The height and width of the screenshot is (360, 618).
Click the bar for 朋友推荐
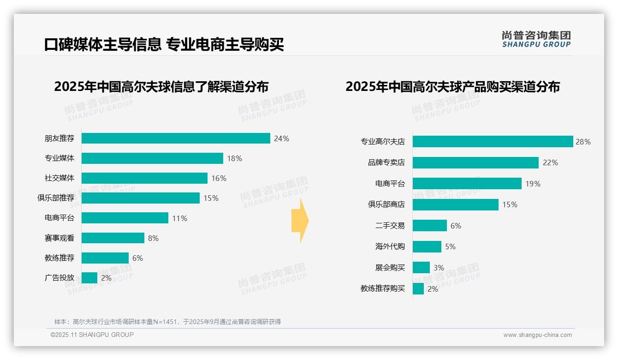tap(176, 138)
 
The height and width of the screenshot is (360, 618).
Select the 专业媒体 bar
tap(152, 158)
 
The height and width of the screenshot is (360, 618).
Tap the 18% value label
tap(234, 158)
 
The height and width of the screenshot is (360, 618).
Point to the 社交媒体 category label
tap(59, 178)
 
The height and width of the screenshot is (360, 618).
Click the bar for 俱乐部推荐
tap(141, 198)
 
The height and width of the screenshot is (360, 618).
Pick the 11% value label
tap(179, 218)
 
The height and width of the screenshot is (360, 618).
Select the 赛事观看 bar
tap(113, 238)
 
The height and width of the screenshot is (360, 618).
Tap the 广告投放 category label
tap(59, 278)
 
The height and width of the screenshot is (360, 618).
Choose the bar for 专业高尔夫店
tap(493, 142)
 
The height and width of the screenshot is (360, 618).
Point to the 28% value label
tap(583, 142)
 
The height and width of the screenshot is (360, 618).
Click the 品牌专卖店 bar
tap(475, 162)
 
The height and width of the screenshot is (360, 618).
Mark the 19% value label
tap(533, 184)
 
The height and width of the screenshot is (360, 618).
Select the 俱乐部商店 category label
tap(386, 204)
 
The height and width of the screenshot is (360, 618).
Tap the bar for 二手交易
tap(430, 226)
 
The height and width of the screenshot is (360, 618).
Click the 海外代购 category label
tap(390, 246)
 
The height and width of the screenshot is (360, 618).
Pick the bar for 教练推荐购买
tap(418, 289)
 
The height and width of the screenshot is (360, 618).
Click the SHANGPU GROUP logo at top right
tap(536, 39)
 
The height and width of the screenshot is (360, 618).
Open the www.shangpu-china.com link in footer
tap(537, 335)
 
